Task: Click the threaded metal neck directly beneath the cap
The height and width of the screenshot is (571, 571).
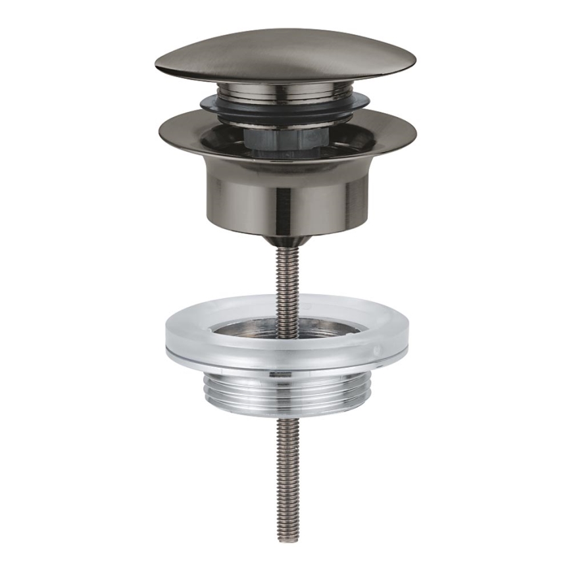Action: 285,91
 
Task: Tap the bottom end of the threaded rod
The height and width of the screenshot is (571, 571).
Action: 287,538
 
